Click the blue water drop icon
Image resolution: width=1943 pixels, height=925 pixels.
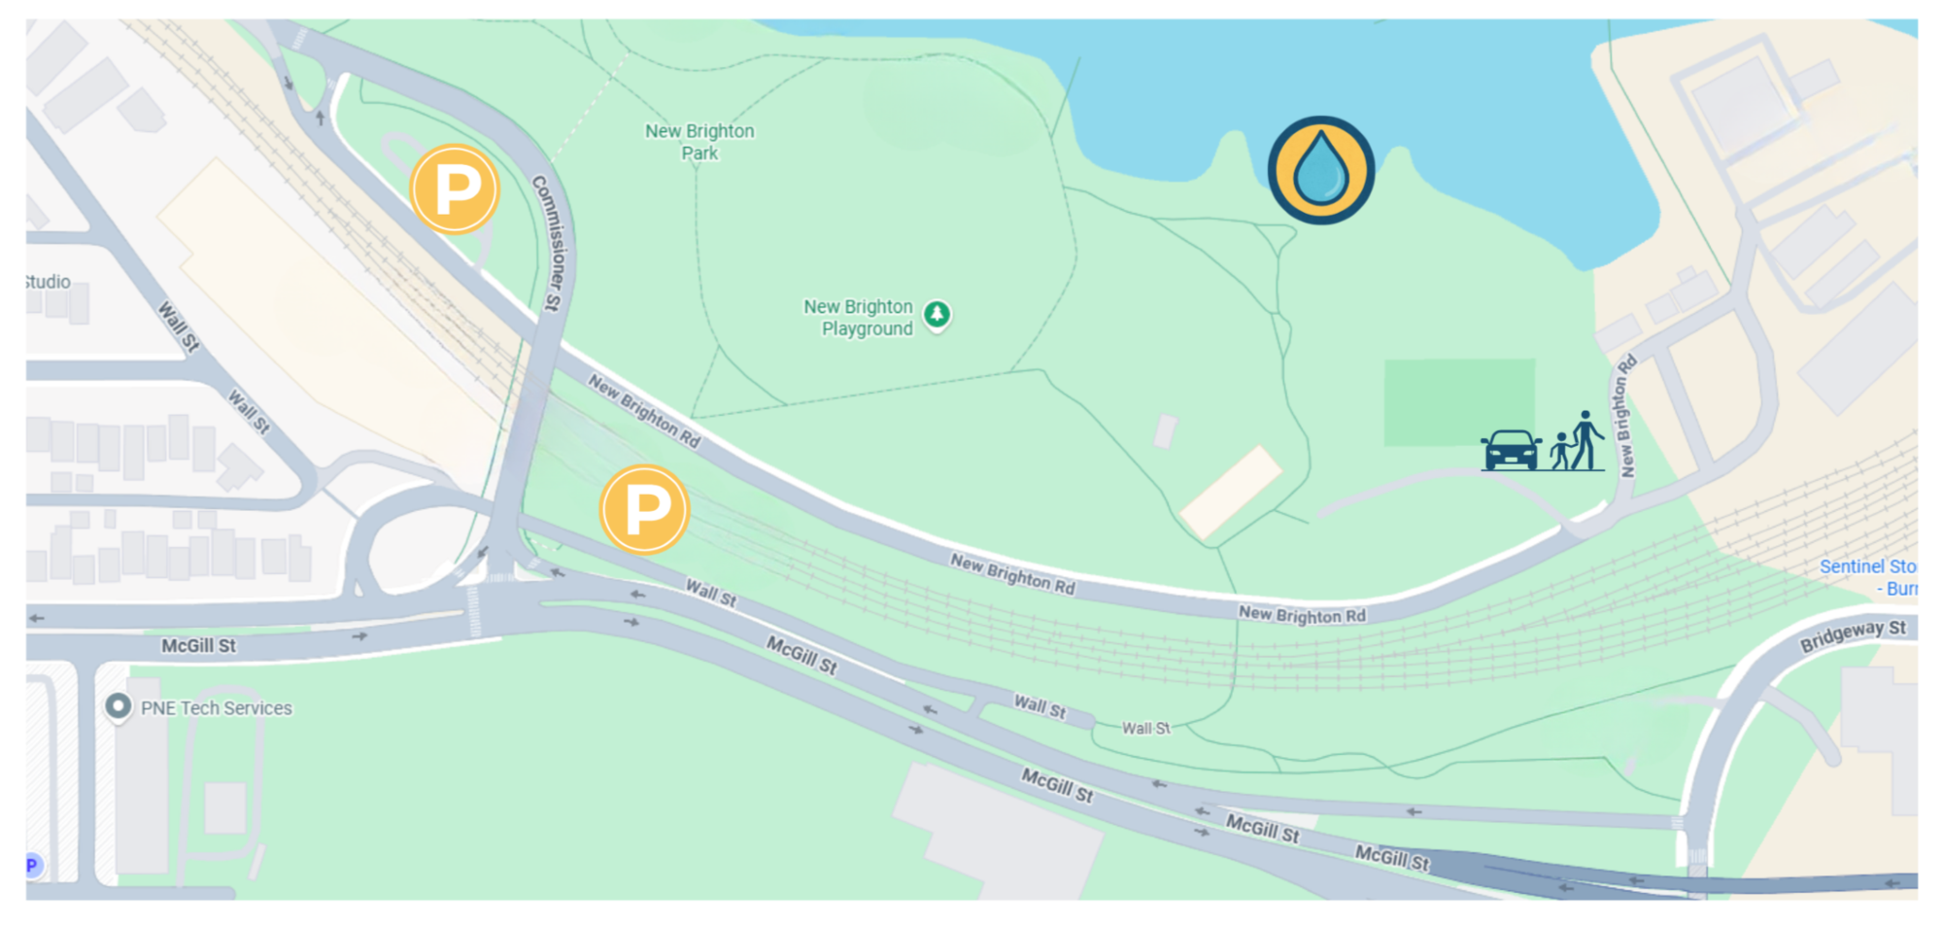pyautogui.click(x=1321, y=170)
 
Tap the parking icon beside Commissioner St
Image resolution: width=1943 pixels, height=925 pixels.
pyautogui.click(x=455, y=189)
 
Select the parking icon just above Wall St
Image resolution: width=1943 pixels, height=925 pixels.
pyautogui.click(x=644, y=509)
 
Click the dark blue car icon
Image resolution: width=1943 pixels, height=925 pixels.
pyautogui.click(x=1511, y=450)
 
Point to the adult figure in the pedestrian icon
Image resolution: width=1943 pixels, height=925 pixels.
pyautogui.click(x=1586, y=440)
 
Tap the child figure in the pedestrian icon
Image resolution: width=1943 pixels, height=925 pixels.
pyautogui.click(x=1561, y=452)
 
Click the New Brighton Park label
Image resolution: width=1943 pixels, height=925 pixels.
pyautogui.click(x=699, y=142)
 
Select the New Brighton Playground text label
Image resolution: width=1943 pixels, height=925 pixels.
pyautogui.click(x=859, y=318)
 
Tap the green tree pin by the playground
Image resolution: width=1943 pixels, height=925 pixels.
pyautogui.click(x=937, y=315)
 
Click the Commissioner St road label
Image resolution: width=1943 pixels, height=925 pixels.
pyautogui.click(x=548, y=243)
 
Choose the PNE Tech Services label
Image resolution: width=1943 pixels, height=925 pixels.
pyautogui.click(x=217, y=708)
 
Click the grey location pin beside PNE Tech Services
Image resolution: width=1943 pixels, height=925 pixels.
pyautogui.click(x=118, y=706)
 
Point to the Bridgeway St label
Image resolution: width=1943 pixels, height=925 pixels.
pyautogui.click(x=1853, y=634)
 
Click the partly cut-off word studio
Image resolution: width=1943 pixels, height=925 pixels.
pyautogui.click(x=48, y=282)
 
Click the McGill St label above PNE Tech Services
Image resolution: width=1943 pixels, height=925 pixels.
pyautogui.click(x=198, y=646)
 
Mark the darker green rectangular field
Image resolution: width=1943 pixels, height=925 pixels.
pyautogui.click(x=1459, y=401)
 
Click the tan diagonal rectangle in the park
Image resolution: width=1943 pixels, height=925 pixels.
pyautogui.click(x=1231, y=492)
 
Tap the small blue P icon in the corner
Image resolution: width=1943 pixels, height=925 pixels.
pyautogui.click(x=32, y=865)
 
